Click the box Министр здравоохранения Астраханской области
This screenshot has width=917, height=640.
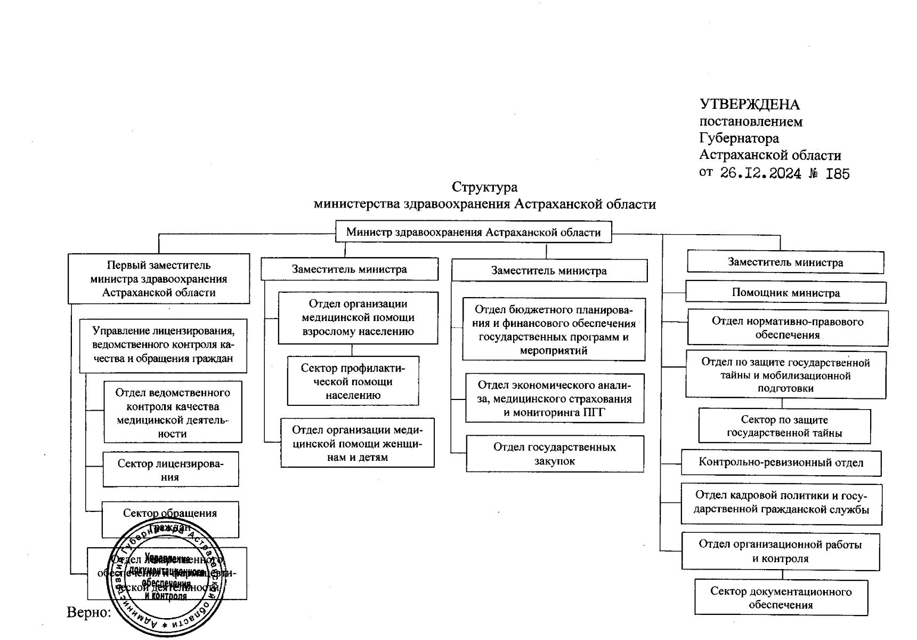[473, 233]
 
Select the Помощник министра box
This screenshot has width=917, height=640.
[785, 293]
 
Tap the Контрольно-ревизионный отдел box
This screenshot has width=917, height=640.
[781, 462]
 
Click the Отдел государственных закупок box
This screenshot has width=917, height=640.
[554, 454]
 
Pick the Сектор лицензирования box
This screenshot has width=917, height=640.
[171, 470]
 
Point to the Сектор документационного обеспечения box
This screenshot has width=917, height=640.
[781, 598]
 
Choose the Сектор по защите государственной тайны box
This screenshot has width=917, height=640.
[784, 426]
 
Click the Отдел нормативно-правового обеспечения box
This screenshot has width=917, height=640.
[788, 328]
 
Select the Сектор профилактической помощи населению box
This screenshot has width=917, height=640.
[353, 381]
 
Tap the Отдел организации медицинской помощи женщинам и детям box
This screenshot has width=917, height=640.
[358, 443]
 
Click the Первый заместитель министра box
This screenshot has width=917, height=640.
[159, 278]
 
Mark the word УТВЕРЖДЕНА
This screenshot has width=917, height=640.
[749, 105]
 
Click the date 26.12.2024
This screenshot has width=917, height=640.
[760, 173]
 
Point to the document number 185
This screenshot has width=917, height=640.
[837, 174]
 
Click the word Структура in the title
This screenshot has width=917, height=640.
[484, 187]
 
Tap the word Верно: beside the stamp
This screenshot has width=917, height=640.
[88, 612]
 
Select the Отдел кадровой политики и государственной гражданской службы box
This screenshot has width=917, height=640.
[781, 502]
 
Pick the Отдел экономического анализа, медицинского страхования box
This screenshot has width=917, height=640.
[554, 398]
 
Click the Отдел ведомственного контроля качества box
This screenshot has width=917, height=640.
[173, 412]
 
